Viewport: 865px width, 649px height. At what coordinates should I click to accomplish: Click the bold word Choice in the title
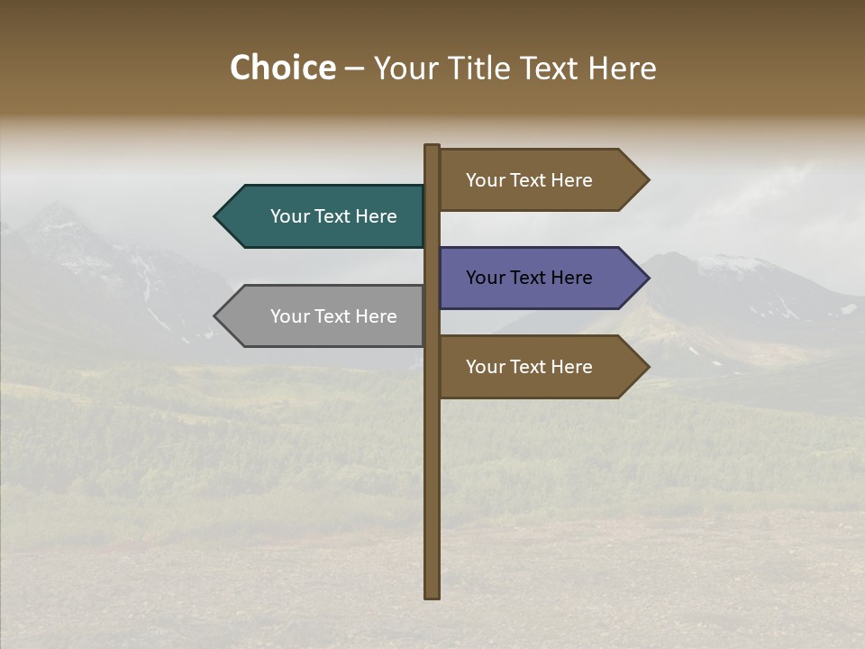(x=282, y=69)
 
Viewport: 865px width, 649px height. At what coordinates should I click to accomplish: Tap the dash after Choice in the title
(x=354, y=69)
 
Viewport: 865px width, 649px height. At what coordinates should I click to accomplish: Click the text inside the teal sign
(x=333, y=216)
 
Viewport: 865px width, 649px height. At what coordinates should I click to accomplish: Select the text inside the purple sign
(x=529, y=278)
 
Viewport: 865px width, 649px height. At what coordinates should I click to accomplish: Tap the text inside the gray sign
(x=333, y=316)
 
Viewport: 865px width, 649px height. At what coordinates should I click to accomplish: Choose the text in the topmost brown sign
(x=529, y=180)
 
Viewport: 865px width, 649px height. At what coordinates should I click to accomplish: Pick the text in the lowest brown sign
(x=529, y=367)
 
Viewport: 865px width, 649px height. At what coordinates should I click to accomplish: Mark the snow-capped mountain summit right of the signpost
(x=730, y=260)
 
